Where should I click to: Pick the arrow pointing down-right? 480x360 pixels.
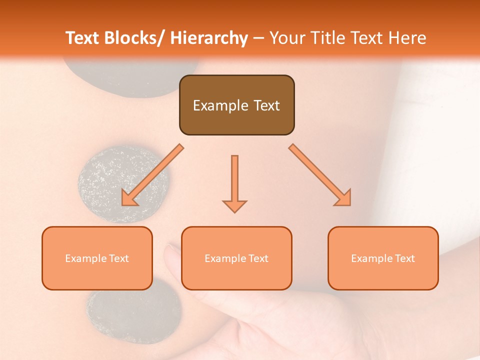click(320, 175)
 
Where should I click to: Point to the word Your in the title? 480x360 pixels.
click(286, 38)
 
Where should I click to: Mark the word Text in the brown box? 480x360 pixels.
click(266, 106)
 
